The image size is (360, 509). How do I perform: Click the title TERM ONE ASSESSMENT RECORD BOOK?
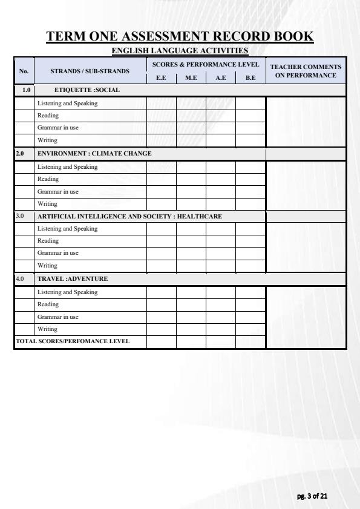coord(180,36)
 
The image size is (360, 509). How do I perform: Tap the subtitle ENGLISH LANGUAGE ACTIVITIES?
coord(180,50)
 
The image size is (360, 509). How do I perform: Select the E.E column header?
coord(161,77)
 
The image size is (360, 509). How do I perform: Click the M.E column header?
coord(191,77)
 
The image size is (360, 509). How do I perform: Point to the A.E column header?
coord(220,77)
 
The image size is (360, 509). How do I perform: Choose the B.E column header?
coord(250,77)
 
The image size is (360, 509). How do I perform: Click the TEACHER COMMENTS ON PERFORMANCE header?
coord(306,71)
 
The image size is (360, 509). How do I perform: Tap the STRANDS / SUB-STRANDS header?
coord(90,71)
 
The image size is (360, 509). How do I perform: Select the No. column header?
coord(24,71)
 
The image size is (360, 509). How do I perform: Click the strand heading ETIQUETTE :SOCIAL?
coord(79,90)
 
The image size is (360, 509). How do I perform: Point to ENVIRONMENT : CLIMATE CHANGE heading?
coord(94,154)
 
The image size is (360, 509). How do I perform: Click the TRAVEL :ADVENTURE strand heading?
coord(73,279)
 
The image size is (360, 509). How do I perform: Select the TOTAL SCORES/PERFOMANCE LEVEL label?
coord(73,341)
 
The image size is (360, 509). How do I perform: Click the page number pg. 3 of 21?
coord(312,496)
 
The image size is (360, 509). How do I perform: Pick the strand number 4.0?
coord(21,279)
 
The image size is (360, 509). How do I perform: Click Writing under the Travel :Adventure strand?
coord(47,329)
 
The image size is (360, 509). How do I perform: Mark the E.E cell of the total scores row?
coord(161,341)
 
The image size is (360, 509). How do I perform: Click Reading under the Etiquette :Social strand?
coord(48,116)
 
